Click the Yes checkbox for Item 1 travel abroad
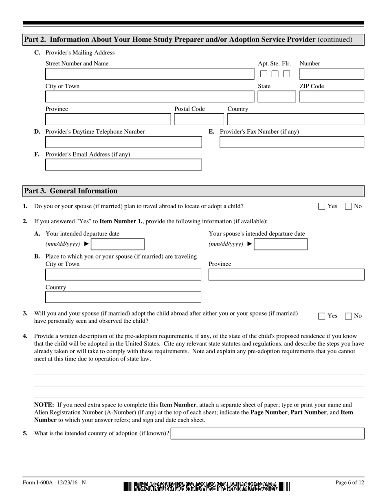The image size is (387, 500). tap(322, 207)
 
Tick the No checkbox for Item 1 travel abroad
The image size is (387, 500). tap(348, 207)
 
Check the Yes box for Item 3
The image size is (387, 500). tap(322, 316)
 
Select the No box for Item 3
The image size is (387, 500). tap(348, 316)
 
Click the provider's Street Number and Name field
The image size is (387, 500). tap(149, 74)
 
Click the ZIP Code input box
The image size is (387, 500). tap(332, 97)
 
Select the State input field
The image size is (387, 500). tap(277, 97)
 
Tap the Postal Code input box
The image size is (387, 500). tap(199, 120)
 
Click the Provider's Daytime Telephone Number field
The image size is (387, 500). tap(123, 142)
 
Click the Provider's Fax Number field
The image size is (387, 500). tap(292, 142)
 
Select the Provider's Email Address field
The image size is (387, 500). tap(123, 165)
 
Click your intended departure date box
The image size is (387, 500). tap(118, 244)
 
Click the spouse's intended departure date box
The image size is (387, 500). tap(281, 244)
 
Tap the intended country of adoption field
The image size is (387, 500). tap(267, 434)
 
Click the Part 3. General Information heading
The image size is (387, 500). tap(71, 191)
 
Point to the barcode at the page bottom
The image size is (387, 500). tap(207, 487)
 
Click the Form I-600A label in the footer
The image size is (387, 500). tap(40, 483)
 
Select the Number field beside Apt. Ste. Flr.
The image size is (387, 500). tap(332, 74)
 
